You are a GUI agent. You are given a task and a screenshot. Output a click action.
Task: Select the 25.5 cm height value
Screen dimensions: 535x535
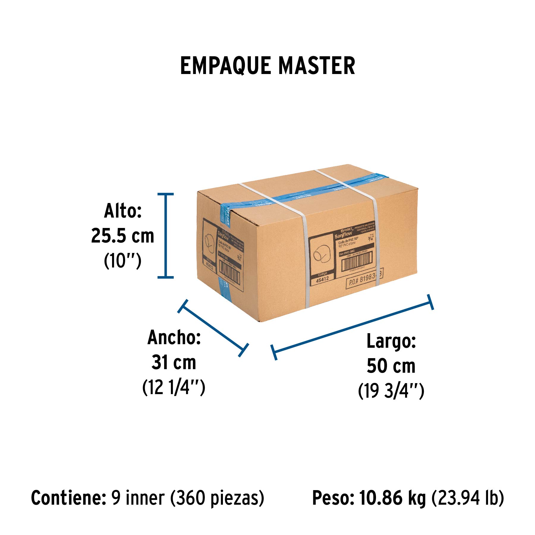click(122, 236)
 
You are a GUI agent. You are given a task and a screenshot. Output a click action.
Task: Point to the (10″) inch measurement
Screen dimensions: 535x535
click(122, 261)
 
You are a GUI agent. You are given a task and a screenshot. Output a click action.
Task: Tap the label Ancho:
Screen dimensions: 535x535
click(174, 338)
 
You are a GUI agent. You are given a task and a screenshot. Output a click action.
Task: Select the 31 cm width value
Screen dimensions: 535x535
click(174, 362)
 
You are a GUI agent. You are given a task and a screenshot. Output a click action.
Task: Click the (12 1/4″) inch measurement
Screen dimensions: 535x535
click(174, 387)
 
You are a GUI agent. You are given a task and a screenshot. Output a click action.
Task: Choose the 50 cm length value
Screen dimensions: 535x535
click(391, 366)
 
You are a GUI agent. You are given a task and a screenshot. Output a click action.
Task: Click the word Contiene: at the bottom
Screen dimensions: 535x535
click(69, 498)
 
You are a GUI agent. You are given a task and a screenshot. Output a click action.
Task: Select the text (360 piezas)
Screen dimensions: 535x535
click(217, 498)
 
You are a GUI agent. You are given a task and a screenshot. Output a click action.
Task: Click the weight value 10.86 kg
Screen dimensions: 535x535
click(392, 498)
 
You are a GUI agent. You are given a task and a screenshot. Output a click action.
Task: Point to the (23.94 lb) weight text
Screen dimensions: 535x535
click(468, 498)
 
